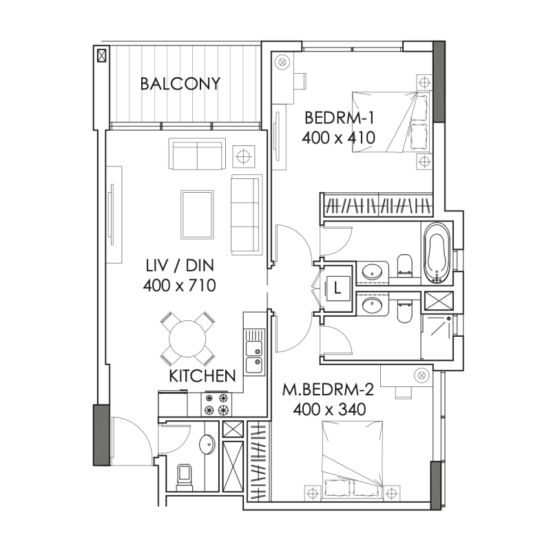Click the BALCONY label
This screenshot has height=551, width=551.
click(180, 84)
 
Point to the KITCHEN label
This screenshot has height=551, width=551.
click(202, 376)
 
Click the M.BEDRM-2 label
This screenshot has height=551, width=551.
click(328, 391)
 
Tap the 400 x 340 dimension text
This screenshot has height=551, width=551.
click(328, 409)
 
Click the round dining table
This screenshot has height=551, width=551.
click(187, 338)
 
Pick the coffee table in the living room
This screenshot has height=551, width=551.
click(197, 214)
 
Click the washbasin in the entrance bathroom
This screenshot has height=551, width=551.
click(207, 445)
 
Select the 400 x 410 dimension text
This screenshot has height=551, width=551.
click(337, 137)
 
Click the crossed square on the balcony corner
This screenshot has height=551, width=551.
click(102, 55)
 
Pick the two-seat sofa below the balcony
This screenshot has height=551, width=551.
click(198, 155)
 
